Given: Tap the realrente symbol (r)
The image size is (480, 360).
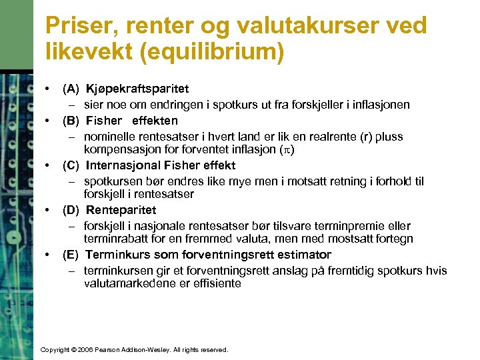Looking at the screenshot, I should pyautogui.click(x=366, y=137).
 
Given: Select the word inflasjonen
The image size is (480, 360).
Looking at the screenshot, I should pyautogui.click(x=382, y=105).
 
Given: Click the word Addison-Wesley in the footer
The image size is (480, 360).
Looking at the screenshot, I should pyautogui.click(x=148, y=349).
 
